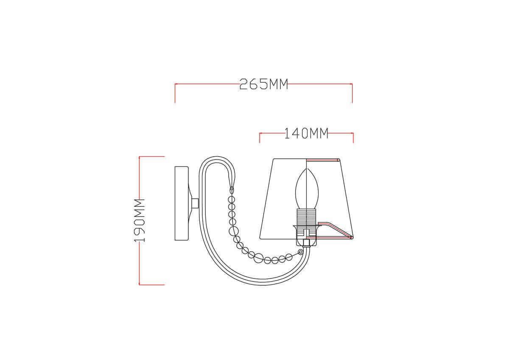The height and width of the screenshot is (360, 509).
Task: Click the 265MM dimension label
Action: (x=263, y=84)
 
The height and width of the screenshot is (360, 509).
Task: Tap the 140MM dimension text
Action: (x=306, y=133)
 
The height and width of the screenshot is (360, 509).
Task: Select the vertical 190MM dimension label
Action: (x=139, y=220)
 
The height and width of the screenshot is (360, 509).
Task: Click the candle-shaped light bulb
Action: (x=307, y=189)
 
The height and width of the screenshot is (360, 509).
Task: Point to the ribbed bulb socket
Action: (x=307, y=217)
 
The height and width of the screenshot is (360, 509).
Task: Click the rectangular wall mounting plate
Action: (x=182, y=203)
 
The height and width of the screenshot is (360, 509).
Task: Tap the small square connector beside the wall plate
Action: (x=195, y=203)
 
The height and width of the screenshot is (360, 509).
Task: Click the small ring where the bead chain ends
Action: (x=300, y=252)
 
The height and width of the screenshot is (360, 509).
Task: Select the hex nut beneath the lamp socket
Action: (x=307, y=243)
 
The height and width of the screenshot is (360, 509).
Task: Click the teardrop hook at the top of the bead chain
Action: (x=232, y=190)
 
